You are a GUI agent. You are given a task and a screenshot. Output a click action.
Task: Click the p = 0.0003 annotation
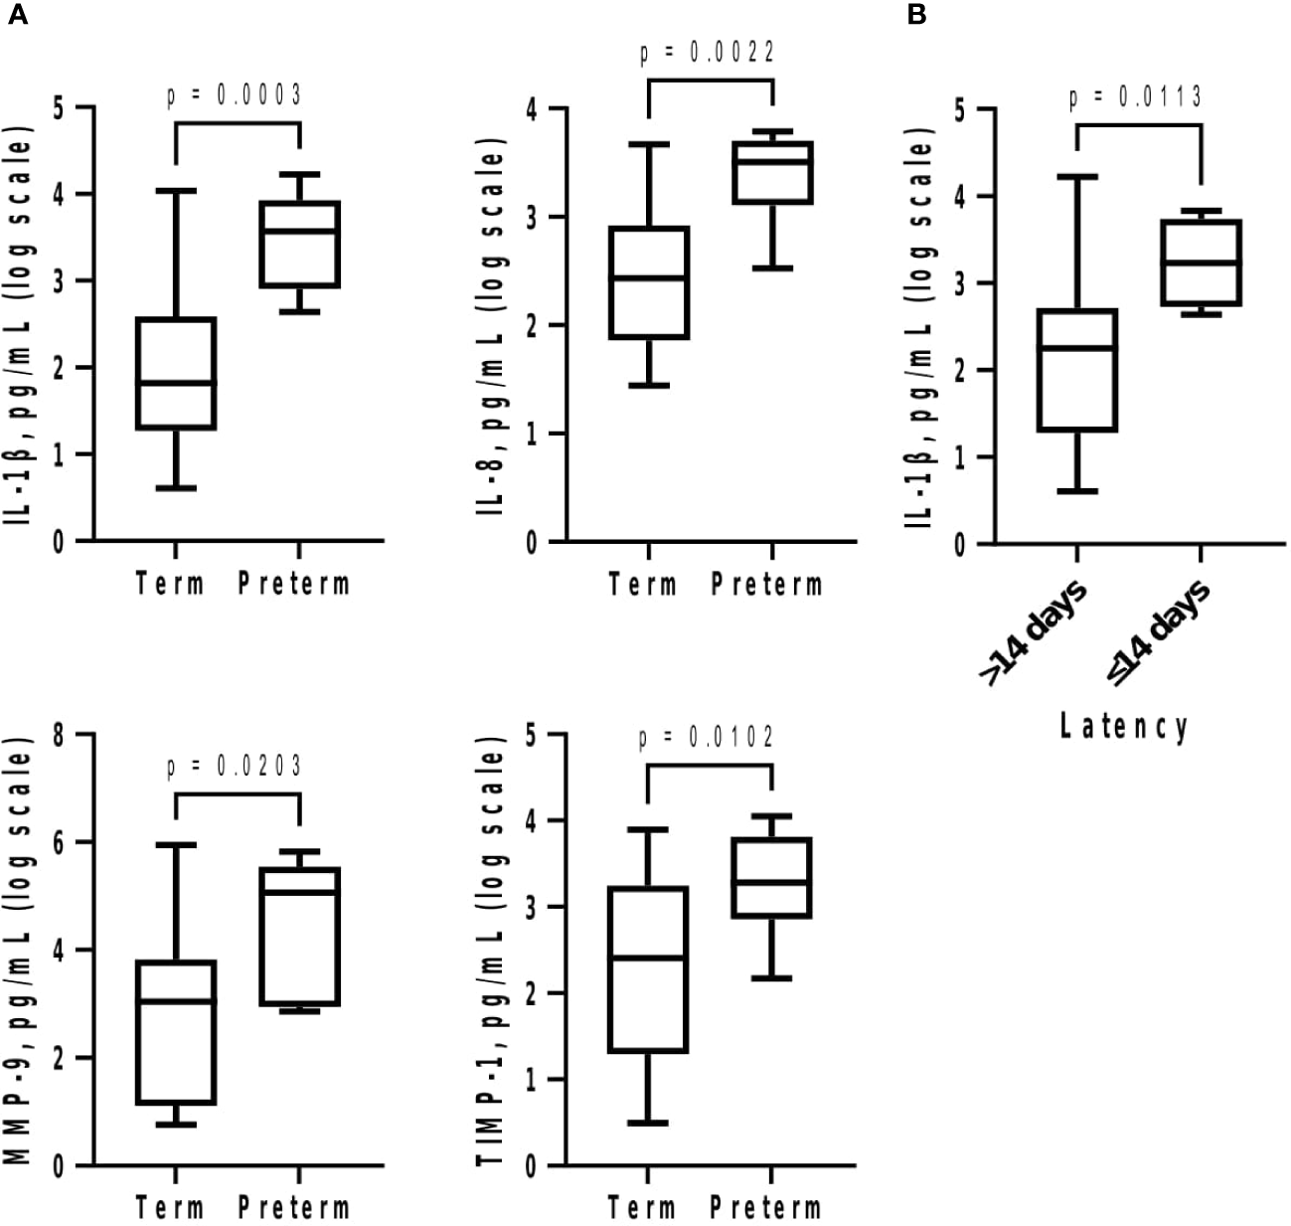[234, 95]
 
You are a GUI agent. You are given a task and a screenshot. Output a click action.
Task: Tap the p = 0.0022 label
[707, 53]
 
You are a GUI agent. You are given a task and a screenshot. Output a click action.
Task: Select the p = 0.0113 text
[1135, 97]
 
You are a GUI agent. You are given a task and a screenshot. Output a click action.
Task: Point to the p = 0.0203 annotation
[234, 767]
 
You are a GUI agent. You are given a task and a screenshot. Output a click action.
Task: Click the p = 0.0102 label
[707, 738]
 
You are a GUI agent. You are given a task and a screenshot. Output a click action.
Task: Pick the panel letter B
[915, 17]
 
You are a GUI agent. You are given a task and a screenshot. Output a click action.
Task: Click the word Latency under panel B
[1124, 727]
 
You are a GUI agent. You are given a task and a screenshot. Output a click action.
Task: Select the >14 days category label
[1034, 632]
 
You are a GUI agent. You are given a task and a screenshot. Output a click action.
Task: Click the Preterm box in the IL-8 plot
[772, 173]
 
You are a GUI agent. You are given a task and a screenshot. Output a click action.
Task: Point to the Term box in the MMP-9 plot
[176, 1032]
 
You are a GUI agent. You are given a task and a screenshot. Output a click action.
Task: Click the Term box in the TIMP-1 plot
[648, 969]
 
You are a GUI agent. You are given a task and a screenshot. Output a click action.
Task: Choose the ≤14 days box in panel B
[1201, 263]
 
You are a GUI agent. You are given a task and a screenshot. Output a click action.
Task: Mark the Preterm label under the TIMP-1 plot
[766, 1208]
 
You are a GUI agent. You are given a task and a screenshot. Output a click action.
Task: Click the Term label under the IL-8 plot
[643, 584]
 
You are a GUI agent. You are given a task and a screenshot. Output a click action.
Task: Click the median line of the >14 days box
[1076, 348]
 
